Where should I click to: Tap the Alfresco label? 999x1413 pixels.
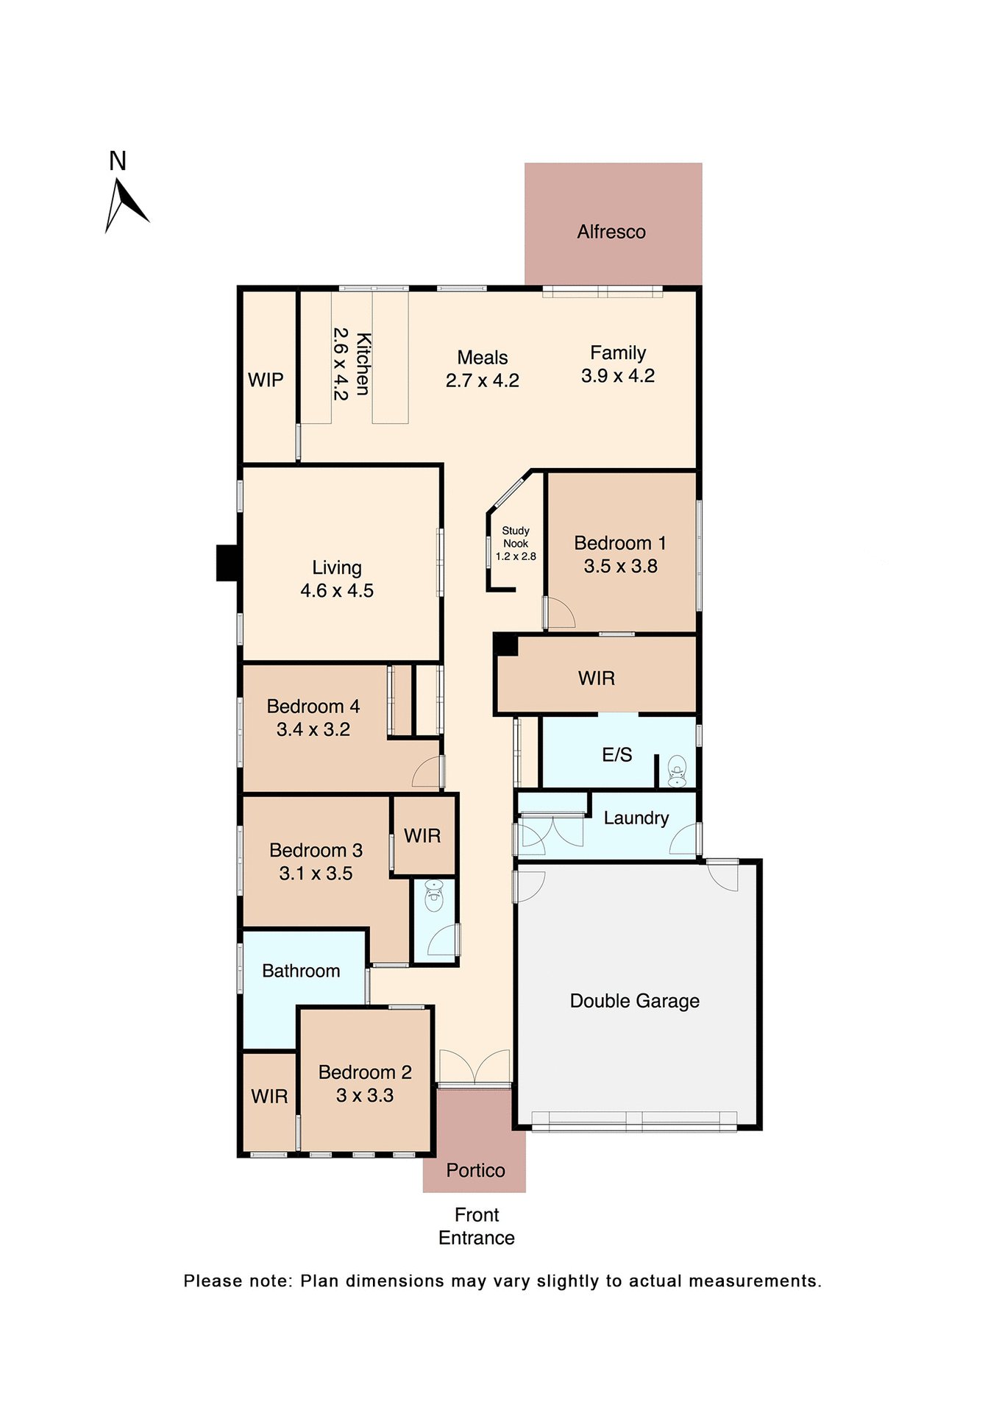(x=611, y=232)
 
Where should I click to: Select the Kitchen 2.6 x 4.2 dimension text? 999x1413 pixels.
(x=340, y=364)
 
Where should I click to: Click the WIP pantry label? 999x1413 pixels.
(x=266, y=380)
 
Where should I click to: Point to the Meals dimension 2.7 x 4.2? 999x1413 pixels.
(x=483, y=380)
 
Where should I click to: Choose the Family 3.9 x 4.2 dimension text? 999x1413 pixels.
(x=618, y=376)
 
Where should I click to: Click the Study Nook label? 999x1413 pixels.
(x=516, y=536)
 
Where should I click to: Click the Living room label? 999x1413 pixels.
(x=336, y=567)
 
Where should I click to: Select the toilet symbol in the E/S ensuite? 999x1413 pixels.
(x=677, y=771)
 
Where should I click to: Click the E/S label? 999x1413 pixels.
(x=616, y=754)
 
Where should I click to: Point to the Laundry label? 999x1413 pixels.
(x=636, y=818)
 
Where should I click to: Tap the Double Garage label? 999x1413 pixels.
(x=634, y=1001)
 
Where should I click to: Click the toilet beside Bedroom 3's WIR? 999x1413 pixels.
(x=434, y=895)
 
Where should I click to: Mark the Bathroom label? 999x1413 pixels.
(x=301, y=971)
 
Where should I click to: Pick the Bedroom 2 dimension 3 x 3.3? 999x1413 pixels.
(x=365, y=1095)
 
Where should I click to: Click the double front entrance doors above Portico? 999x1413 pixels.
(x=474, y=1067)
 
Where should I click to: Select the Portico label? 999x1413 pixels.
(x=475, y=1170)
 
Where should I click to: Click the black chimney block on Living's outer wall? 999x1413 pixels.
(x=227, y=563)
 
